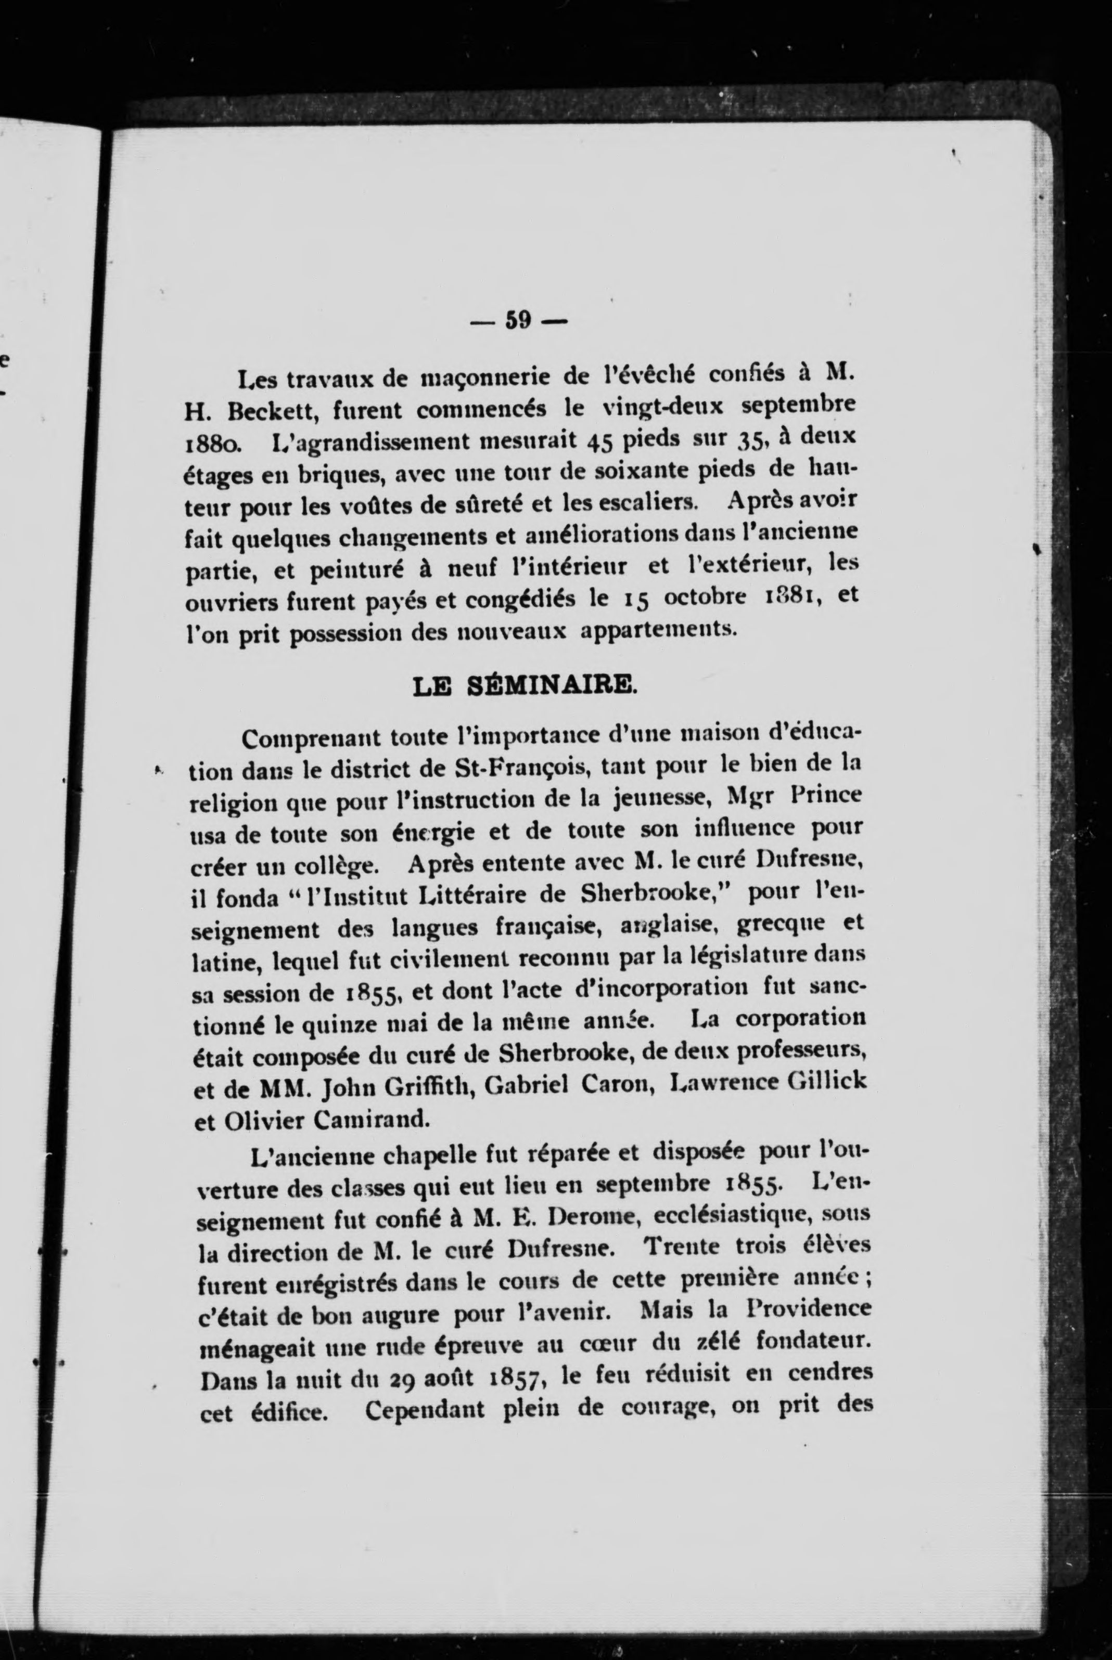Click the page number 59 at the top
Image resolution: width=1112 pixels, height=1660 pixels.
pyautogui.click(x=518, y=321)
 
